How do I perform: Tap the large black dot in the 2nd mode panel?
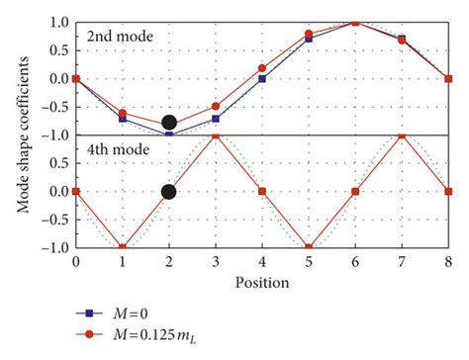click(168, 124)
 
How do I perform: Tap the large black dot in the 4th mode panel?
click(168, 192)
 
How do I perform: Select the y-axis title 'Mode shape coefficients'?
click(17, 135)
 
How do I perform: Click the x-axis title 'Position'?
click(261, 282)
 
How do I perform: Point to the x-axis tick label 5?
click(309, 263)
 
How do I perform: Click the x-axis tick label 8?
click(448, 263)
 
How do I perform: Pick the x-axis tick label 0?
click(75, 263)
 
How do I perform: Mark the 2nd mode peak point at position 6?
click(355, 22)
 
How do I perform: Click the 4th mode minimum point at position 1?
click(122, 247)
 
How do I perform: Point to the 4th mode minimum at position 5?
click(309, 247)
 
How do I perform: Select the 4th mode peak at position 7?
click(402, 135)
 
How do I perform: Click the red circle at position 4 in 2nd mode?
click(261, 68)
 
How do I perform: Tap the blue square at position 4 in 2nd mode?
click(261, 79)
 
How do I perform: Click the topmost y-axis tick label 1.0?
click(57, 22)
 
